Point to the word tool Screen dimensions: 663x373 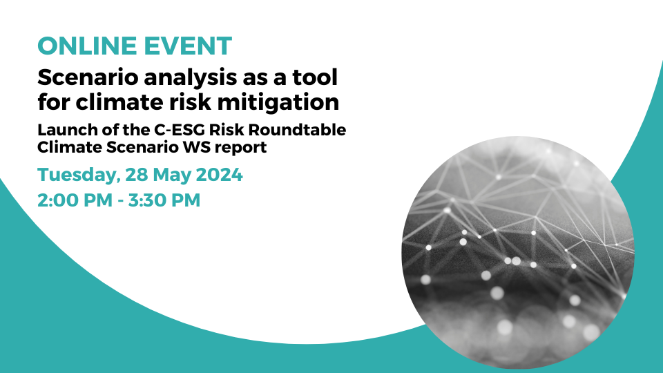pyautogui.click(x=315, y=77)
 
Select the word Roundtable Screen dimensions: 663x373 pyautogui.click(x=297, y=130)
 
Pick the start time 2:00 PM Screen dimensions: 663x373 pyautogui.click(x=75, y=200)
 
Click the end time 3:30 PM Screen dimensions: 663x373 pyautogui.click(x=164, y=200)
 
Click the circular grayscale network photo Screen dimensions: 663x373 pyautogui.click(x=518, y=252)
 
